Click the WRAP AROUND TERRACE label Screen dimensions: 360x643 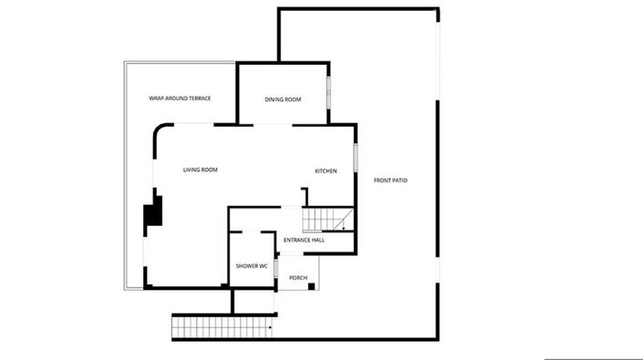pyautogui.click(x=181, y=98)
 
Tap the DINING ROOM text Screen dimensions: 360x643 pyautogui.click(x=283, y=99)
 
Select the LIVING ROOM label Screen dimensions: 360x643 pyautogui.click(x=200, y=170)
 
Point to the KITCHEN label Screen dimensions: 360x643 pyautogui.click(x=326, y=171)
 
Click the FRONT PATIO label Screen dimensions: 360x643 pyautogui.click(x=390, y=180)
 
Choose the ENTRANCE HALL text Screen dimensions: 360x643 pyautogui.click(x=304, y=241)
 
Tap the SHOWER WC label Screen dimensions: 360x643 pyautogui.click(x=251, y=265)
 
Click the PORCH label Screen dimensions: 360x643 pyautogui.click(x=297, y=278)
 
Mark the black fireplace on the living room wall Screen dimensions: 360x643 pyautogui.click(x=153, y=211)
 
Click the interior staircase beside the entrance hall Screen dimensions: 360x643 pyautogui.click(x=327, y=220)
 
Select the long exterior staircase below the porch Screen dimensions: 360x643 pyautogui.click(x=223, y=325)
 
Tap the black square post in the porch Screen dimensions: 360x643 pyautogui.click(x=312, y=286)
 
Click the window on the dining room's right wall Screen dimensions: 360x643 pyautogui.click(x=329, y=91)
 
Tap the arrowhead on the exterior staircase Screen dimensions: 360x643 pyautogui.click(x=271, y=324)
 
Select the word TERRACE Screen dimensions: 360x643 pyautogui.click(x=199, y=98)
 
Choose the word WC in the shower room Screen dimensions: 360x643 pyautogui.click(x=263, y=265)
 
